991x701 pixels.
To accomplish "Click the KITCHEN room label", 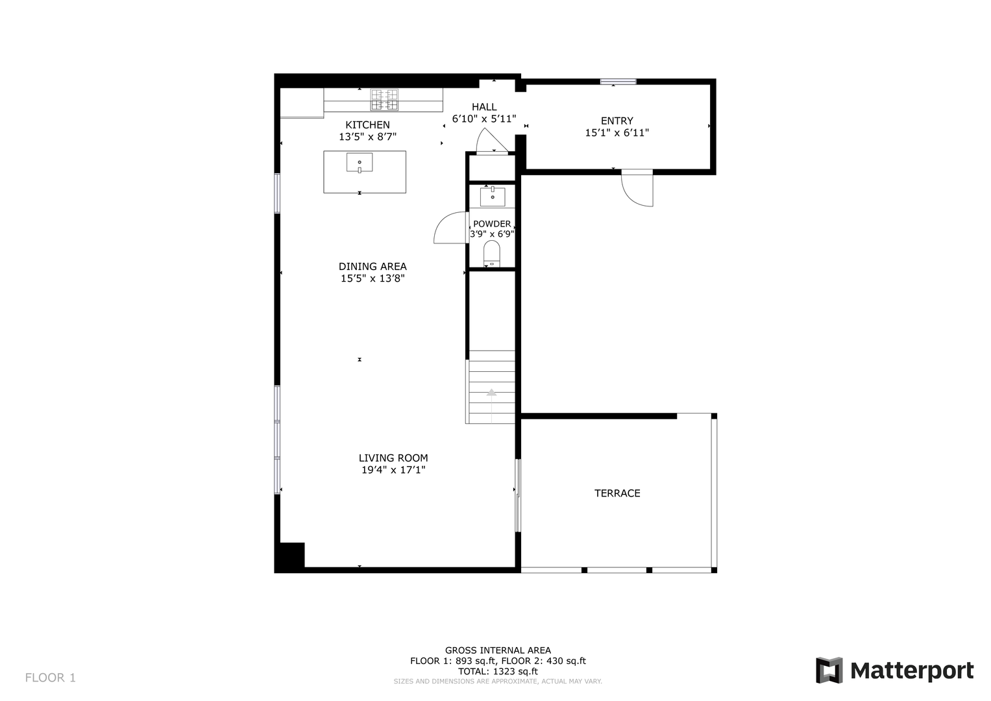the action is [367, 125].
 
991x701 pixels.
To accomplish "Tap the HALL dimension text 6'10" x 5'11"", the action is [484, 119].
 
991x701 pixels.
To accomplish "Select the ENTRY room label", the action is [617, 121].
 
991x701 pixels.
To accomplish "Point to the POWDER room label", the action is [492, 224].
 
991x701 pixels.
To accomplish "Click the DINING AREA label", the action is [373, 266].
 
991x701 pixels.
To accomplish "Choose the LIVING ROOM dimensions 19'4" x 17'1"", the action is [393, 469].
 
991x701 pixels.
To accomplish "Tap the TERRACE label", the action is [617, 493].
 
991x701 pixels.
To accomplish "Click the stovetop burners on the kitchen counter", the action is [384, 100].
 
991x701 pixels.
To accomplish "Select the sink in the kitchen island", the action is [360, 163].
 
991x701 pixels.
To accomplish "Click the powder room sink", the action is [493, 197].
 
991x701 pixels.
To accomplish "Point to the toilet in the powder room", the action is [491, 254].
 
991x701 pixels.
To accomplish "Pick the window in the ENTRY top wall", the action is [618, 81].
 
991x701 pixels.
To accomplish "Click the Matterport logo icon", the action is [829, 670].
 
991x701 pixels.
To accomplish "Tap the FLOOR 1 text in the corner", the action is [51, 678].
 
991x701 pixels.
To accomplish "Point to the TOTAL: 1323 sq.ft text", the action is [498, 671].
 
